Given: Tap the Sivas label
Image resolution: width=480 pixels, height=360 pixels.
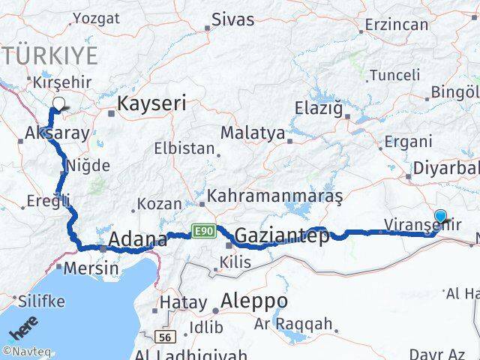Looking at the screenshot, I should point(232,19).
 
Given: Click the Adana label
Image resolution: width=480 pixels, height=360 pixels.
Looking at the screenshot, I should point(138,240).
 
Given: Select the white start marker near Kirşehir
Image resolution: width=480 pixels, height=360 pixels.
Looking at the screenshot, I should point(58,105).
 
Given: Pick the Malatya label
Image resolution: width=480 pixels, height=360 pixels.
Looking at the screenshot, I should point(253,133).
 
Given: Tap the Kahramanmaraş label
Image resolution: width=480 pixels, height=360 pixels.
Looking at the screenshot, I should point(274,196).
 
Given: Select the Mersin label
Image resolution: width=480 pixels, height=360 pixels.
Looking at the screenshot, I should point(92,267).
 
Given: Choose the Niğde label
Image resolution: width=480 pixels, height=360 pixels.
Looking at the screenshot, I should point(88,166).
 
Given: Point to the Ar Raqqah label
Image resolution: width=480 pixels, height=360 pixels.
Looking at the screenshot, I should point(293,324).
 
